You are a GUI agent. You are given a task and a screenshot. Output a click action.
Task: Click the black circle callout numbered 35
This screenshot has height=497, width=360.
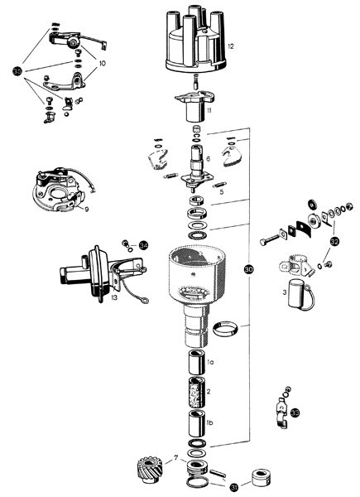17,71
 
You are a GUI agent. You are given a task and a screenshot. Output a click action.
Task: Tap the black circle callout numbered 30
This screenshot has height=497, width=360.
249,270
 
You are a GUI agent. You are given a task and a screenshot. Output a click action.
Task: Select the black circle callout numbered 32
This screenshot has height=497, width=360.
334,242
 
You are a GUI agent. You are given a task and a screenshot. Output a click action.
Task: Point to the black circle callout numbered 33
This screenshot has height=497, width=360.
295,413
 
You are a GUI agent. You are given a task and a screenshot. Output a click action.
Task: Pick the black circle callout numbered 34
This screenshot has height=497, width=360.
143,245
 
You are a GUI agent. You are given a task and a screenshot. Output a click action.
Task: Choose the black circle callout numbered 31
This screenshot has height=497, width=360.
234,487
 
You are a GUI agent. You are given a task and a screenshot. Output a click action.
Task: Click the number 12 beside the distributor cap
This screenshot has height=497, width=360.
231,46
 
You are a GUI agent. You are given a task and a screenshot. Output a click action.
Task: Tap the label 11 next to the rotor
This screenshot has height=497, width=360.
209,111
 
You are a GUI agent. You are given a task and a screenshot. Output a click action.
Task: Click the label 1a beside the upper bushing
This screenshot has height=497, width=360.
210,362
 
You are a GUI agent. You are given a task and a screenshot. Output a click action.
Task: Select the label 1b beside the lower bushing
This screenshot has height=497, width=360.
209,422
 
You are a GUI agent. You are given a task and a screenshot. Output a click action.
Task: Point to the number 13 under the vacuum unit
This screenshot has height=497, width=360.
114,297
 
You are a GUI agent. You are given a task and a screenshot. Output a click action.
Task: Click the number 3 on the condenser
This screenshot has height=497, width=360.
285,292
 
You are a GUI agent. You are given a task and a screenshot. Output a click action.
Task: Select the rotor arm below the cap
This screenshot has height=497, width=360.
195,107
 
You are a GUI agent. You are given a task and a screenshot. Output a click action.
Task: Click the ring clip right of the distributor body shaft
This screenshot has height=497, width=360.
225,329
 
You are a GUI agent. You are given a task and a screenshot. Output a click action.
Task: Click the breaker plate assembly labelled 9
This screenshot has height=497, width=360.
59,191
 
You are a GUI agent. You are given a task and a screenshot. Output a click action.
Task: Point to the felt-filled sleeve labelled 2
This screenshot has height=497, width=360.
197,393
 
